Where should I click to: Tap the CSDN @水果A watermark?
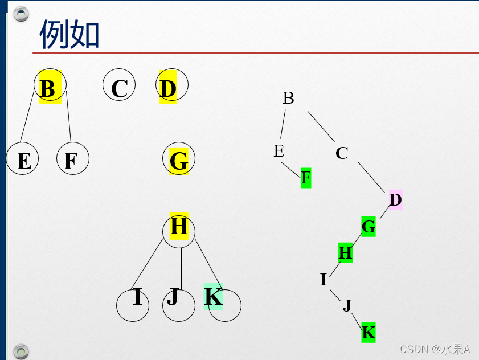tap(435, 349)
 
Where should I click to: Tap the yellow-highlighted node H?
tap(179, 227)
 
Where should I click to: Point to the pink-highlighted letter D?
tap(395, 200)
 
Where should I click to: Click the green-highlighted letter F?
tap(306, 178)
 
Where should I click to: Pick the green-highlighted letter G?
tap(369, 227)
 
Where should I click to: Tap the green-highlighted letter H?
tap(346, 252)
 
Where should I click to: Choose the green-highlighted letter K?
tap(369, 332)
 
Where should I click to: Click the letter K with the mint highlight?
tap(213, 297)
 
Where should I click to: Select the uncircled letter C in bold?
tap(342, 153)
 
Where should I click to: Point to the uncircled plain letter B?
tap(288, 98)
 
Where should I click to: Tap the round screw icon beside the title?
tap(21, 14)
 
